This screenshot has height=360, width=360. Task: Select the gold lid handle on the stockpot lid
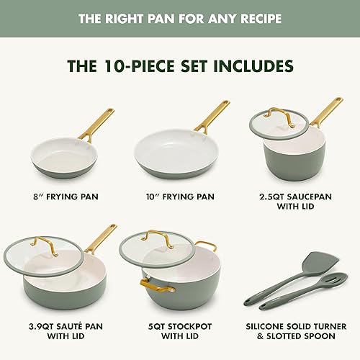tap(160, 238)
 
